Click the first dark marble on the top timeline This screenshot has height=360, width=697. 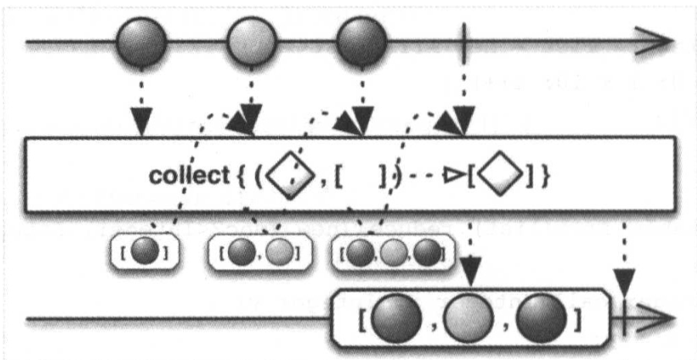[141, 43]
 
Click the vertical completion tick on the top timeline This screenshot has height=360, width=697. [464, 43]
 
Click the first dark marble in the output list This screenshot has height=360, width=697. [396, 318]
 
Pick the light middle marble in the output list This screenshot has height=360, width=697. [468, 318]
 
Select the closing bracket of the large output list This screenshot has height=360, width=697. [581, 318]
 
